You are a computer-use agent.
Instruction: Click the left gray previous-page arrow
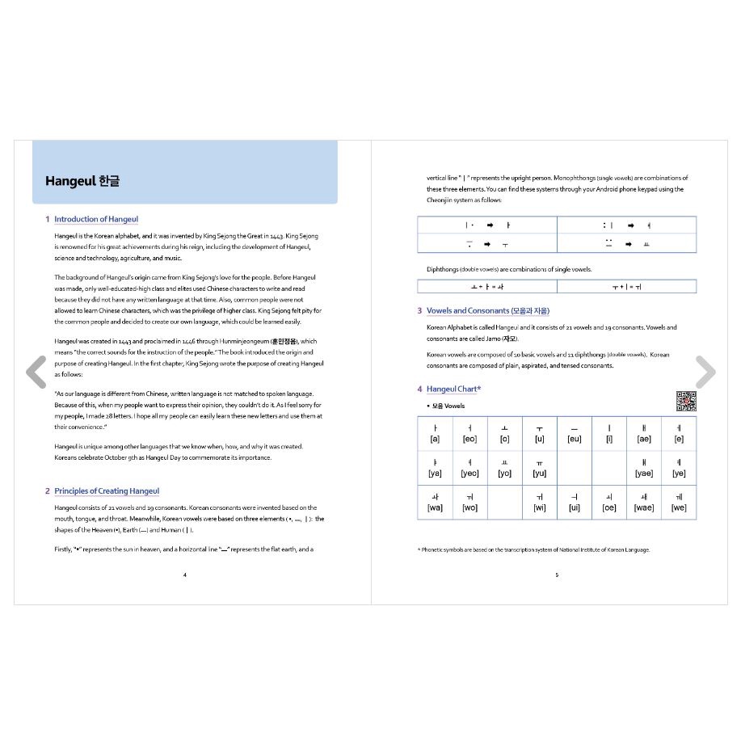(x=36, y=372)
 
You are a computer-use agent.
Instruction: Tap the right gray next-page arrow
(x=705, y=372)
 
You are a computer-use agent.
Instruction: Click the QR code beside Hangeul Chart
(x=685, y=400)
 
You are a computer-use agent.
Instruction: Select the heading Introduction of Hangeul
(x=96, y=219)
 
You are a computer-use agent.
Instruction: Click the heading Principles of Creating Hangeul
(x=107, y=490)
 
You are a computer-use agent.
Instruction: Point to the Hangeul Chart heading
(x=454, y=389)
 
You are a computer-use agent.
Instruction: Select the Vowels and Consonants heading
(x=488, y=310)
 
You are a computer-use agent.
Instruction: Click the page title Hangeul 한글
(x=82, y=181)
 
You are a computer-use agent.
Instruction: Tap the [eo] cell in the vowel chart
(x=469, y=434)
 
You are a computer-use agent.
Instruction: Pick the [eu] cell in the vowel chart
(x=574, y=434)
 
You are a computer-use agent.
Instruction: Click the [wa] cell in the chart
(x=435, y=503)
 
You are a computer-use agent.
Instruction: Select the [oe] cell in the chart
(x=609, y=503)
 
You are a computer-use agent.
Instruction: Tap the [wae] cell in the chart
(x=644, y=503)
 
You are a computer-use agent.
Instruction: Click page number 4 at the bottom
(x=185, y=575)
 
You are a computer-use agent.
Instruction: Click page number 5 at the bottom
(x=557, y=575)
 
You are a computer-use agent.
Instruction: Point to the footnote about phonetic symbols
(x=533, y=549)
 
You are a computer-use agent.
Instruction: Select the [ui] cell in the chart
(x=574, y=503)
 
